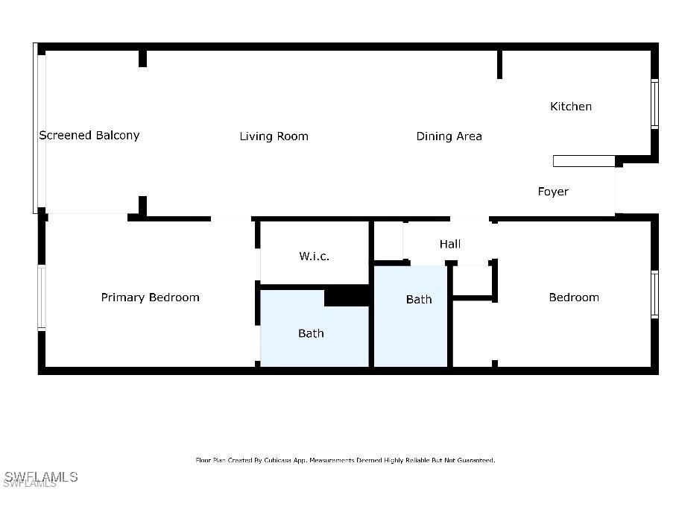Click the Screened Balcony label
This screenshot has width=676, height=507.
(89, 135)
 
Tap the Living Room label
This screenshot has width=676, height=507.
(274, 136)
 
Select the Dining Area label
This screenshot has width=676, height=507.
(449, 136)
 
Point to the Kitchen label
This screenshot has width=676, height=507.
(571, 107)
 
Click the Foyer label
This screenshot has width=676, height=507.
(553, 192)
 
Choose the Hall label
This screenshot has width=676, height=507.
(450, 244)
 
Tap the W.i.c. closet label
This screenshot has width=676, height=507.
(314, 256)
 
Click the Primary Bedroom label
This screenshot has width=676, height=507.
(150, 297)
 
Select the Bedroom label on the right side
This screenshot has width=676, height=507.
(574, 297)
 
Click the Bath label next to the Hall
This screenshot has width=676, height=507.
(419, 299)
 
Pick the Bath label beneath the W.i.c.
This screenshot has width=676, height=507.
(311, 333)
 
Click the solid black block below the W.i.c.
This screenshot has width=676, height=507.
(347, 296)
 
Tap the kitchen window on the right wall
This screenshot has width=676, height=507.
(654, 104)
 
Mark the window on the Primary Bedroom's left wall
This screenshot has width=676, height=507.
(42, 297)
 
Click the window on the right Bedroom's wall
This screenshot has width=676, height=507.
(654, 294)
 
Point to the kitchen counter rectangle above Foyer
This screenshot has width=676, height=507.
(584, 161)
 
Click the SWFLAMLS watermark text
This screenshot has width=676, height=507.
(41, 476)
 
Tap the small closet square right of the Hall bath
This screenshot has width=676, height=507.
(473, 280)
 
